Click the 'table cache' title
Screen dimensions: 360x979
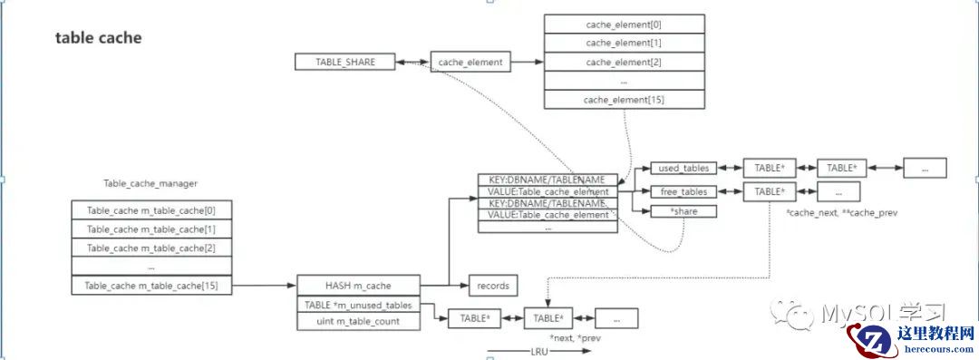tap(98, 38)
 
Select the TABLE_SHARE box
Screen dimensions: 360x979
tap(344, 62)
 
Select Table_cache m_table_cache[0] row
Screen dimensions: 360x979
tap(151, 210)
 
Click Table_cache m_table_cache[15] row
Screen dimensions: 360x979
tap(151, 286)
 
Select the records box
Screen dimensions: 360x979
tap(492, 286)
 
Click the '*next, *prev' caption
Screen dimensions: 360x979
tap(575, 337)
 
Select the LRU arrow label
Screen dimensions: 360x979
tap(538, 350)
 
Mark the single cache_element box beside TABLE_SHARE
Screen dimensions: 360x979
tap(470, 62)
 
